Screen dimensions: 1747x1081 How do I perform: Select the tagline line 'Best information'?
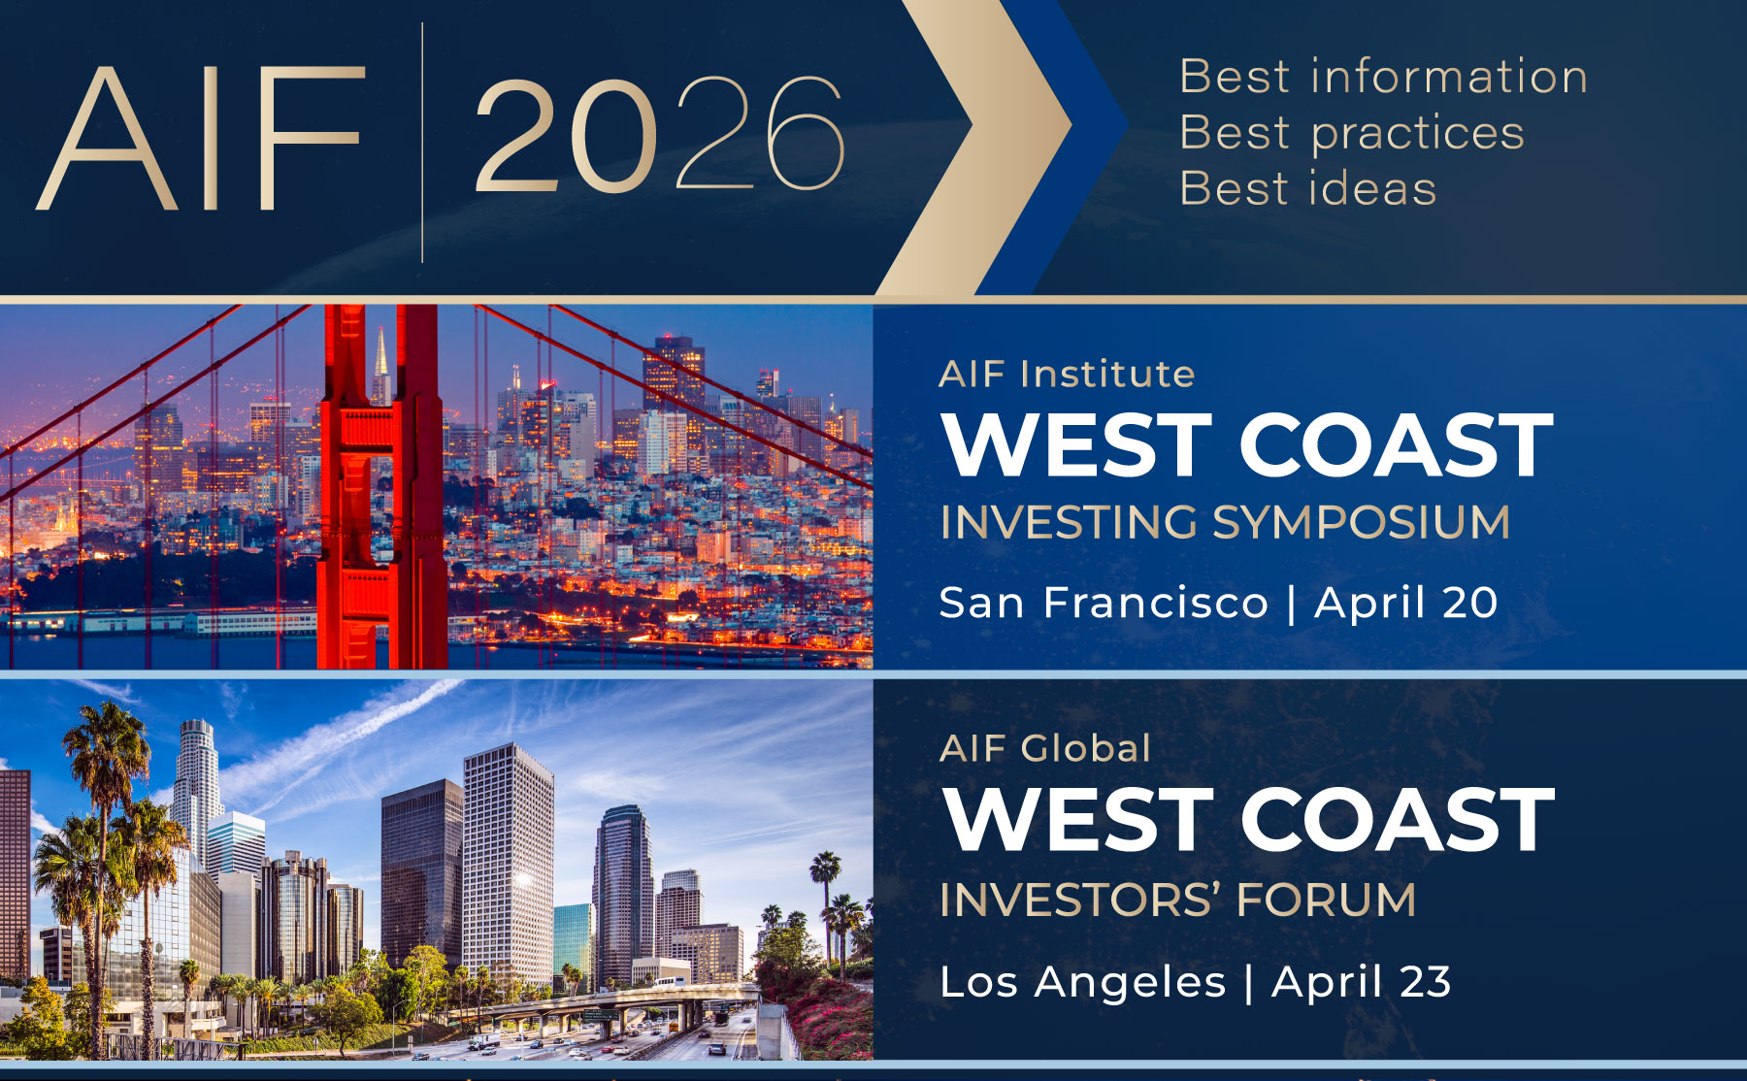[1383, 77]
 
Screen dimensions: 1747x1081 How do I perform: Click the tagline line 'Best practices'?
[1352, 133]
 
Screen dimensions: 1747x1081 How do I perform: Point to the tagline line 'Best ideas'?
[1307, 188]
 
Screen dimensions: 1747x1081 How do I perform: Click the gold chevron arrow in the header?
[971, 146]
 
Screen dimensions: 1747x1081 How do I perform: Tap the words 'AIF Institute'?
[1067, 374]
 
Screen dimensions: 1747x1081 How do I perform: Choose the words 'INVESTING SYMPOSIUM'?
[1225, 522]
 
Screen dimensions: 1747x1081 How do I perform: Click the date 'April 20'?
[1406, 603]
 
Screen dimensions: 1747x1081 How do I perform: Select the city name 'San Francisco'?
[1104, 603]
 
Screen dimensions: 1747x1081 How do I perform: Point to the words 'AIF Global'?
[1045, 748]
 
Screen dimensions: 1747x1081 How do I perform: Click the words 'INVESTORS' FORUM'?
[1178, 900]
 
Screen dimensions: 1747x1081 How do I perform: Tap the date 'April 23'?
[1362, 981]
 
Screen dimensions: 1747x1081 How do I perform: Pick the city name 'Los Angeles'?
[1083, 982]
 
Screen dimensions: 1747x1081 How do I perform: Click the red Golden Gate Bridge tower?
[380, 485]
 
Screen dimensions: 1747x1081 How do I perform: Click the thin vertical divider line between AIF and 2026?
[422, 142]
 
